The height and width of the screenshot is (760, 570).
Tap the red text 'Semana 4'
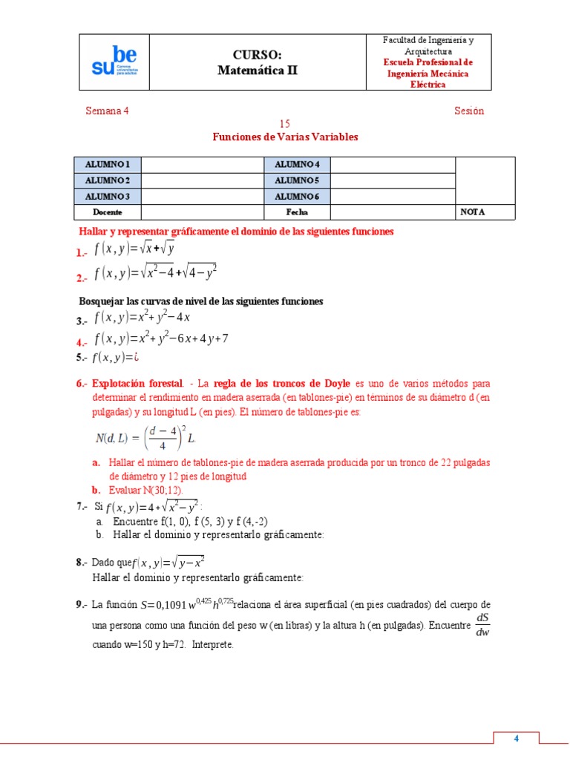(x=107, y=111)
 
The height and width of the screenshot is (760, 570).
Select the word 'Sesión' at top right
(x=469, y=111)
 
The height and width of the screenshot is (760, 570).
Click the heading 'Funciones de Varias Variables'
(x=285, y=137)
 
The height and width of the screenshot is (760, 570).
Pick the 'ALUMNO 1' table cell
(x=108, y=164)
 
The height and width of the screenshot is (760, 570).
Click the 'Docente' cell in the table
(x=108, y=212)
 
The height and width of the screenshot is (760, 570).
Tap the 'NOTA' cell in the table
(x=472, y=212)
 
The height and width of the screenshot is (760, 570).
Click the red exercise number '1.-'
(x=82, y=254)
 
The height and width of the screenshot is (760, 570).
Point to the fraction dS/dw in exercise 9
(x=482, y=624)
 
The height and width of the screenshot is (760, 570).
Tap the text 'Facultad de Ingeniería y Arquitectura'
(x=428, y=45)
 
